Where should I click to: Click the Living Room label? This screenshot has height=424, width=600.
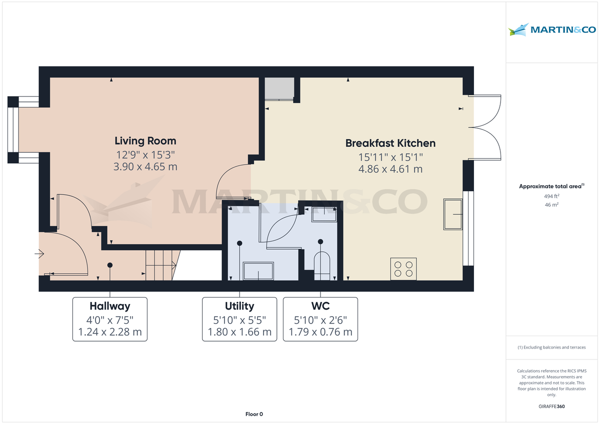145,141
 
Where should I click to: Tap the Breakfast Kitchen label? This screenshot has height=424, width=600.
390,143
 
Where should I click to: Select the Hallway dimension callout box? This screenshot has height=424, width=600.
110,319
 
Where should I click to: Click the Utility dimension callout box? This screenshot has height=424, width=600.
239,319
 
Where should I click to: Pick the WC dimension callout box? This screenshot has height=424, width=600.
320,319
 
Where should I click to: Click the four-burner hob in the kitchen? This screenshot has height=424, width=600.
403,269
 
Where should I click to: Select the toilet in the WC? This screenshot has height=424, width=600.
321,265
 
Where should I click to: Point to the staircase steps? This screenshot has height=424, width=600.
161,265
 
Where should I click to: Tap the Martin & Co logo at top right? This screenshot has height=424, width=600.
552,30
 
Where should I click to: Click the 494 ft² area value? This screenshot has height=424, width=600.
551,196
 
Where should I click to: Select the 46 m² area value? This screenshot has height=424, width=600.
551,205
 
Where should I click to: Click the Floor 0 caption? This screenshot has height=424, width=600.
254,414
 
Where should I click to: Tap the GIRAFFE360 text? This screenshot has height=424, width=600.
551,407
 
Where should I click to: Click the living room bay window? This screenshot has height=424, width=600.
14,130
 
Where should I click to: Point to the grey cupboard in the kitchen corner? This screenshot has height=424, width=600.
278,89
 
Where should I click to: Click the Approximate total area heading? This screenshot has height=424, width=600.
551,186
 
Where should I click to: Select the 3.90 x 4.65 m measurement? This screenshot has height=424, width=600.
145,167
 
